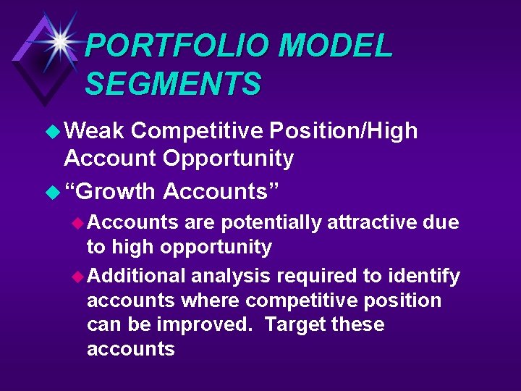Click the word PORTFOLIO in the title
point(177,46)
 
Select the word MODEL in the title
point(335,46)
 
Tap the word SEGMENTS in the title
point(173,84)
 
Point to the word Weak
point(95,130)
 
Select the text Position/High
point(343,131)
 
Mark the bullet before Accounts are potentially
point(78,222)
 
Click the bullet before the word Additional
point(78,276)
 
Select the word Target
point(295,324)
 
